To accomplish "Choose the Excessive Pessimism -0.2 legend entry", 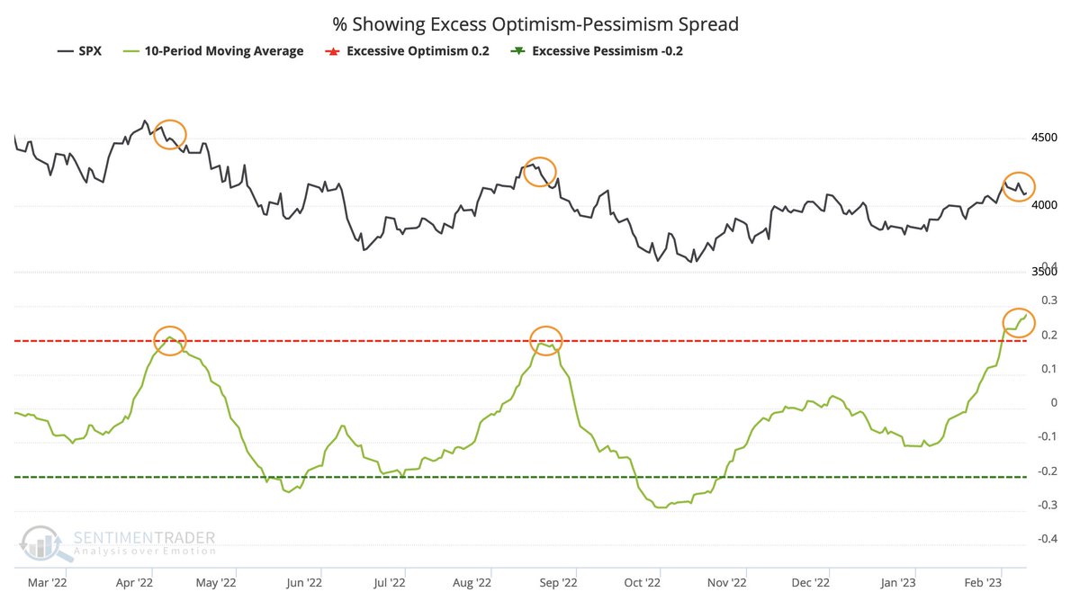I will pyautogui.click(x=598, y=51).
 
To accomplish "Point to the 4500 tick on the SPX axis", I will pyautogui.click(x=1044, y=138).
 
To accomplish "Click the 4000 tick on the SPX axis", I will pyautogui.click(x=1044, y=205).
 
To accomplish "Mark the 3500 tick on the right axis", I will pyautogui.click(x=1044, y=273).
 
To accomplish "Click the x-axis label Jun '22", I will pyautogui.click(x=303, y=583).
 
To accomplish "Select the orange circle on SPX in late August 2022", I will pyautogui.click(x=540, y=171).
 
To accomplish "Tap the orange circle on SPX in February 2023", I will pyautogui.click(x=1020, y=186).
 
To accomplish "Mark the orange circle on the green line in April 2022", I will pyautogui.click(x=170, y=340).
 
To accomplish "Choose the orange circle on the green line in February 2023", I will pyautogui.click(x=1020, y=322).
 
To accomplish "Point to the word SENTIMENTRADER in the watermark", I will pyautogui.click(x=144, y=538).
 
